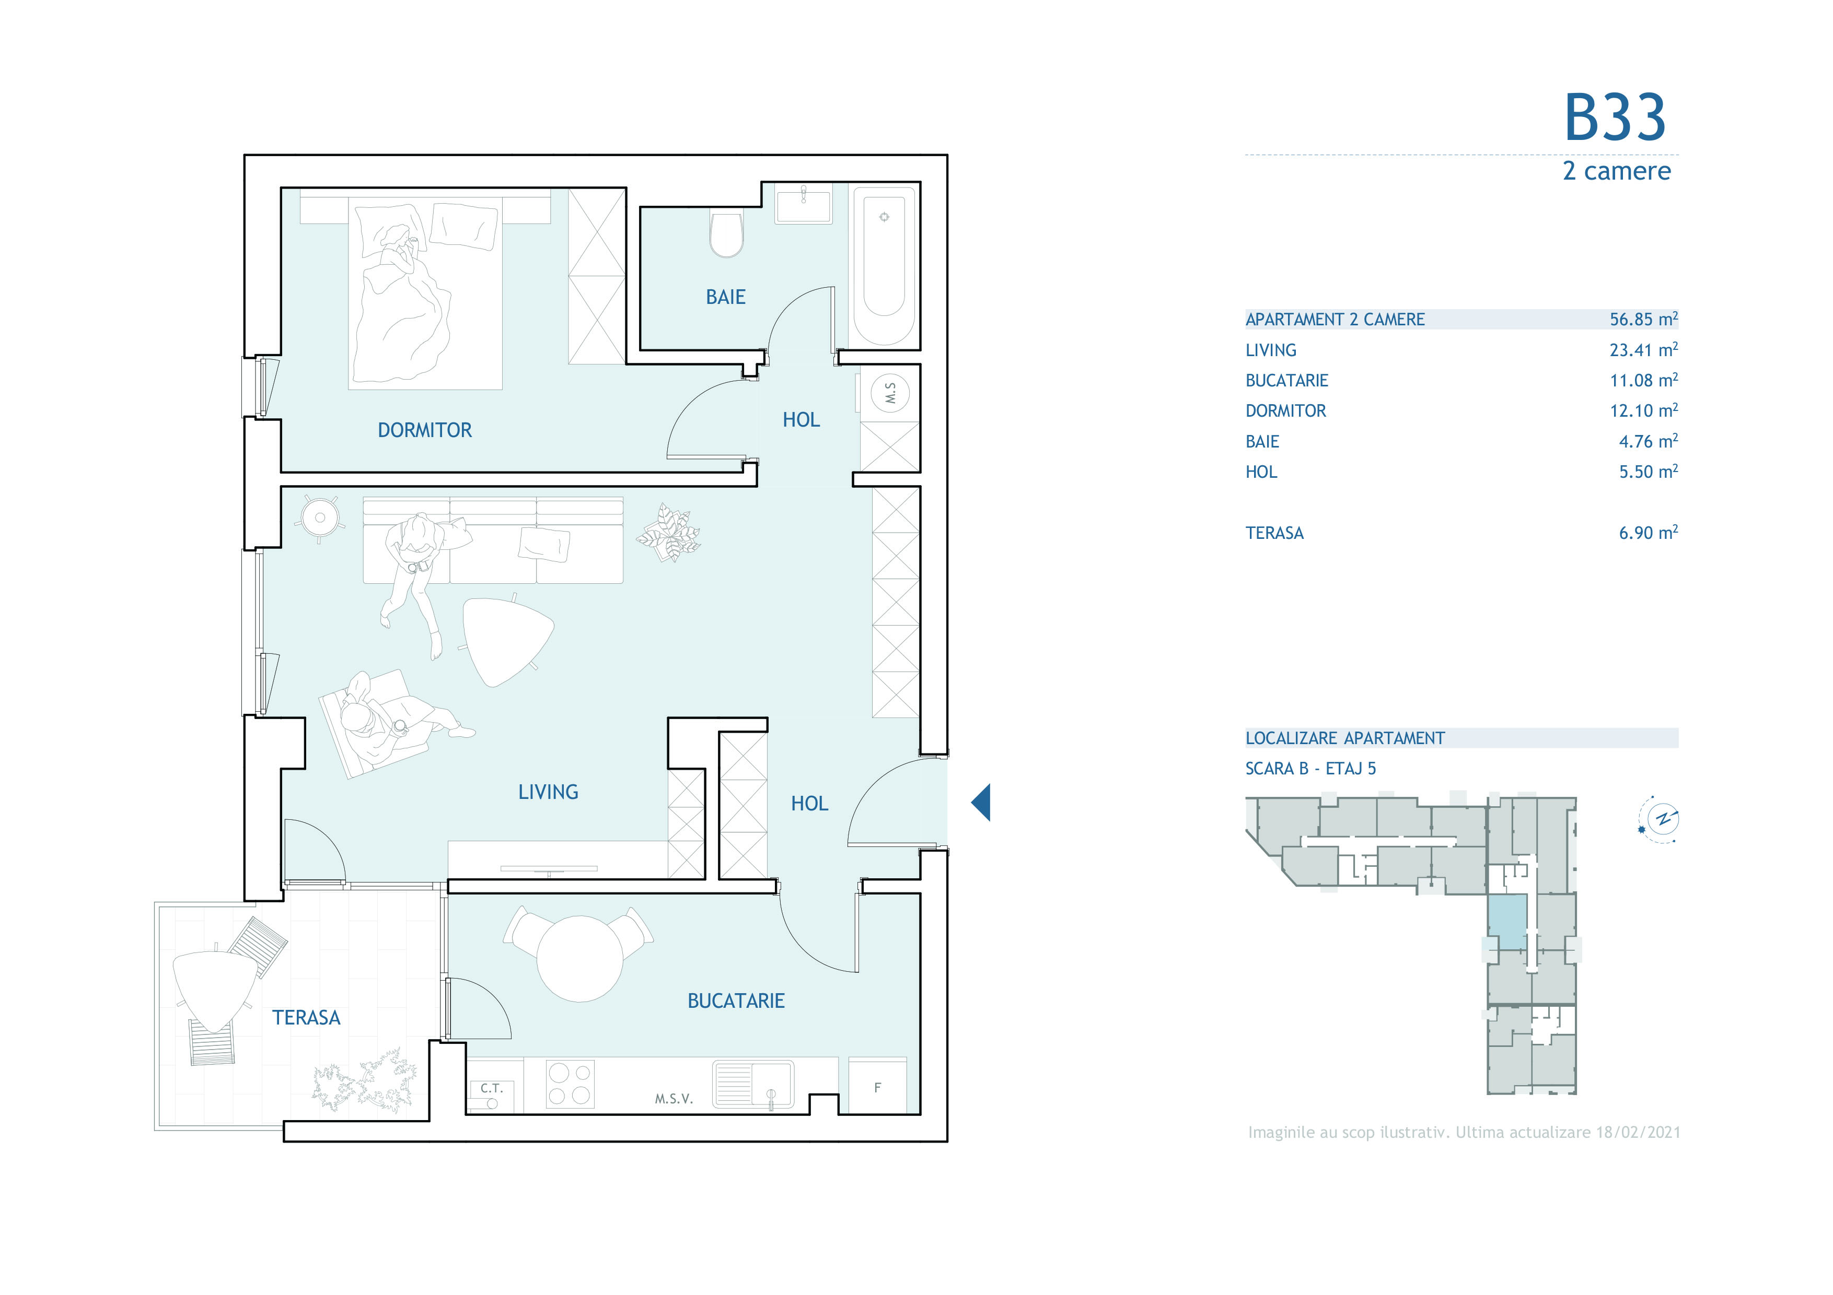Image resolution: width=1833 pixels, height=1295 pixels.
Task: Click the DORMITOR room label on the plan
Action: pyautogui.click(x=425, y=430)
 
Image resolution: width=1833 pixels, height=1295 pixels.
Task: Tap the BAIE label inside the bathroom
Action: pyautogui.click(x=725, y=297)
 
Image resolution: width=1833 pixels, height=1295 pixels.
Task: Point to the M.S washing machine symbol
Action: pyautogui.click(x=890, y=393)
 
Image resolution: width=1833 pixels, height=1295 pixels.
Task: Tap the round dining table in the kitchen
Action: pyautogui.click(x=579, y=958)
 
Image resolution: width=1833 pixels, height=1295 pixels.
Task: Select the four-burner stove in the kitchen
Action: pyautogui.click(x=570, y=1084)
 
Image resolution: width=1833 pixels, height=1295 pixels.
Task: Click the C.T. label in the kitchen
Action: pyautogui.click(x=492, y=1088)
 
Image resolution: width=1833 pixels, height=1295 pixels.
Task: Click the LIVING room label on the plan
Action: pyautogui.click(x=548, y=792)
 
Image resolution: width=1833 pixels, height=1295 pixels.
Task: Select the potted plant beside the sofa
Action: pyautogui.click(x=669, y=532)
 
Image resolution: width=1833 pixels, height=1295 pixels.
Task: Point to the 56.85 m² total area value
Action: pyautogui.click(x=1643, y=319)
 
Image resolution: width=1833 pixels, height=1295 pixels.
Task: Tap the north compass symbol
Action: pyautogui.click(x=1659, y=819)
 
